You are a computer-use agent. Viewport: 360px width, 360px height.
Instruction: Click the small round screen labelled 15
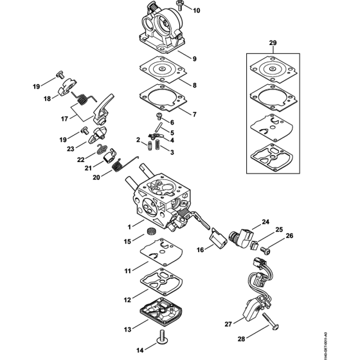[x=153, y=231]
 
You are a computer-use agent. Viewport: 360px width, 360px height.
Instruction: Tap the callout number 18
[x=47, y=98]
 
